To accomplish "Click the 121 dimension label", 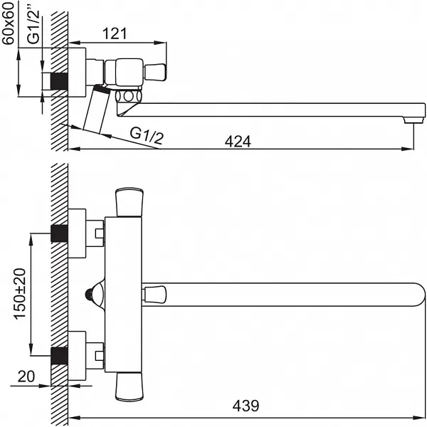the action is coord(115,33).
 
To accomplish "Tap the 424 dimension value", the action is coord(238,142).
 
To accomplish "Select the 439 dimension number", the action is coord(246,406).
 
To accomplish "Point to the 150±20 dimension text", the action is coord(20,294).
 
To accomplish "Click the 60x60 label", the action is coord(8,23).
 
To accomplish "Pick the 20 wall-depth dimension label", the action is coord(26,376).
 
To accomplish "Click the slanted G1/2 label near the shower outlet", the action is coord(147,135).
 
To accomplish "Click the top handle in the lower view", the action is coord(130,202).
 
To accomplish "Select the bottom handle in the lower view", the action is coord(129,387).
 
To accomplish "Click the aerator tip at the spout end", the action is coord(413,120).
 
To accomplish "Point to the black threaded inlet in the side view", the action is coord(59,81).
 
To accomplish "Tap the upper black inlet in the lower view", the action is coord(59,233).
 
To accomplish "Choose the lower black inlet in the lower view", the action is coord(59,356).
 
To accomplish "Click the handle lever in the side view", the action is coord(155,72).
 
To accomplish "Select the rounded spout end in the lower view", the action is coord(418,295).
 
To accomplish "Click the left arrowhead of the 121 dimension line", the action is coord(74,43).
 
